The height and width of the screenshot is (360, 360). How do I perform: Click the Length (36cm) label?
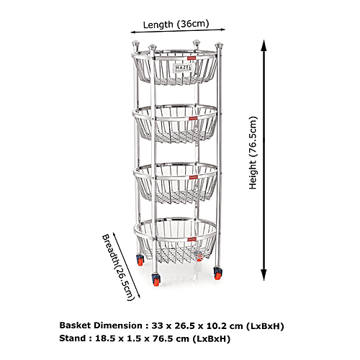point(176,24)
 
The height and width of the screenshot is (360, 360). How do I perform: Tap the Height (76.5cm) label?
point(253,153)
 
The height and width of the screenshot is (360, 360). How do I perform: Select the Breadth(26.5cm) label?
point(117,267)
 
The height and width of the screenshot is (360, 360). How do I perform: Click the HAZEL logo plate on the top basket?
point(183,68)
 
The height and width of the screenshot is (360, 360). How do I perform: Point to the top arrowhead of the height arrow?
point(264,45)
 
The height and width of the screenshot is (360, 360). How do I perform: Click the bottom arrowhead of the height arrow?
point(264,275)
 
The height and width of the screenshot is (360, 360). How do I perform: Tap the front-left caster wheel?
point(156,280)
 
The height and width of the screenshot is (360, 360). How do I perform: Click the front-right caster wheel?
point(217,274)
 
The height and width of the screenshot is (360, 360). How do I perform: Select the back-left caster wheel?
point(140,260)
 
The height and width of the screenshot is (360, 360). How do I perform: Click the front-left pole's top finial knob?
point(152,47)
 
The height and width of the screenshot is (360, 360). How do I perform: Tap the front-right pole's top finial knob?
point(219,45)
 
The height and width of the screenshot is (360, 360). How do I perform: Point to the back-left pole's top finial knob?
point(136,44)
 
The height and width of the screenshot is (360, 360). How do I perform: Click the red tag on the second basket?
point(193,119)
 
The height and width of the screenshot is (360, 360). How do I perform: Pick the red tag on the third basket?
point(193,177)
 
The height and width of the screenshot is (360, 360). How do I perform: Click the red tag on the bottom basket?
point(192,239)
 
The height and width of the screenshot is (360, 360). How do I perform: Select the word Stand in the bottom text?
point(72,338)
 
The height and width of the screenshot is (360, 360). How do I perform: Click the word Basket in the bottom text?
point(75,325)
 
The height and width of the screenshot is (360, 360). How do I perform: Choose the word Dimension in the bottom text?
point(118,325)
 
